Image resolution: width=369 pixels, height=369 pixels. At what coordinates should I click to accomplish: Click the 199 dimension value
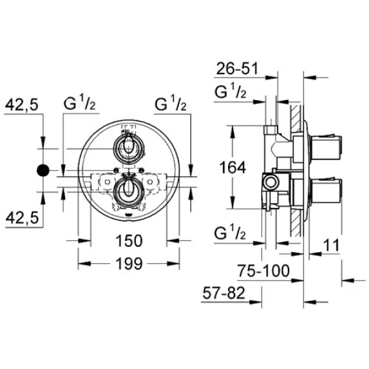click(x=129, y=264)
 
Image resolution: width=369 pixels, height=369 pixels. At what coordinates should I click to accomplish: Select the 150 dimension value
click(x=129, y=241)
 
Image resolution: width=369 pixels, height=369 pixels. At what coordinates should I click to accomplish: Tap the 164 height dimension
click(x=233, y=168)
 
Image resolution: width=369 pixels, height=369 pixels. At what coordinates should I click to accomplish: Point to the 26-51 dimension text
click(x=237, y=68)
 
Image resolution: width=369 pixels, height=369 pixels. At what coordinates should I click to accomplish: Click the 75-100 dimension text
click(x=263, y=271)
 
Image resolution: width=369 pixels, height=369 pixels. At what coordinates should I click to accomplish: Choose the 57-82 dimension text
click(x=223, y=293)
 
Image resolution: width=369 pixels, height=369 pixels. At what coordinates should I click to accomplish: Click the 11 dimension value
click(x=331, y=245)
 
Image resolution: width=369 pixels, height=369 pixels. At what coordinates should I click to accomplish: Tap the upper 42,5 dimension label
click(x=21, y=105)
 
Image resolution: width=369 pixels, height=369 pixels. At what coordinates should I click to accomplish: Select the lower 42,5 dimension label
click(x=22, y=218)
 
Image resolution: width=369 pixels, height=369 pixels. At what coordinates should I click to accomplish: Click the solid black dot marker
click(x=43, y=170)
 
